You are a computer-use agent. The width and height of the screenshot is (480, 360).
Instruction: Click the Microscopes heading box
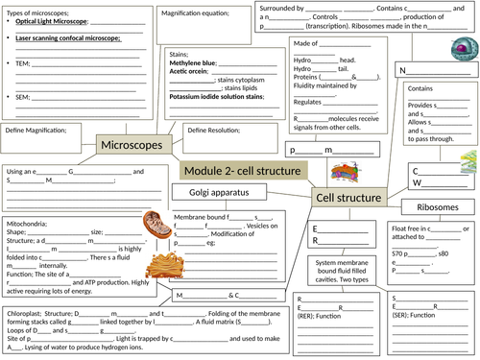tap(133, 145)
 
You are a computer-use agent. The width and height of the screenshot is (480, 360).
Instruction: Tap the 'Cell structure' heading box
tap(348, 198)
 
